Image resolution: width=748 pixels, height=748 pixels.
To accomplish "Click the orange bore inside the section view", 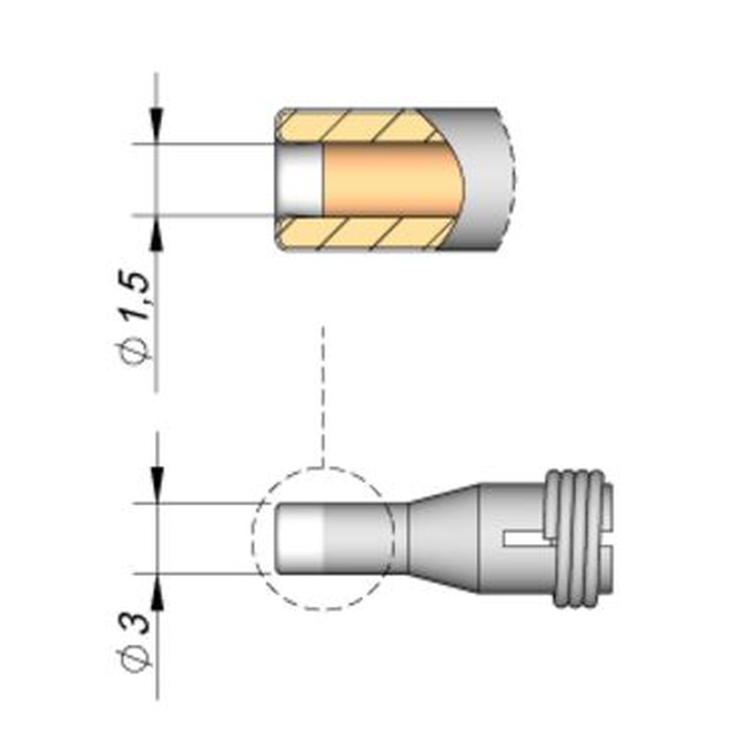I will tap(389, 180).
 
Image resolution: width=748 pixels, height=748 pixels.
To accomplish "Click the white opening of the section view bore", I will tap(299, 180).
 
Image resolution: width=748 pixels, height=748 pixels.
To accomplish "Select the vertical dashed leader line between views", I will tap(322, 396).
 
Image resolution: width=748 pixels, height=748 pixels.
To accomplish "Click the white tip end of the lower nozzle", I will tap(299, 537).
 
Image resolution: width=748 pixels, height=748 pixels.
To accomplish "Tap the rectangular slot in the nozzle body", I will tap(524, 538).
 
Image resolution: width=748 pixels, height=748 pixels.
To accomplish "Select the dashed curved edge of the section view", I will tap(515, 180).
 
